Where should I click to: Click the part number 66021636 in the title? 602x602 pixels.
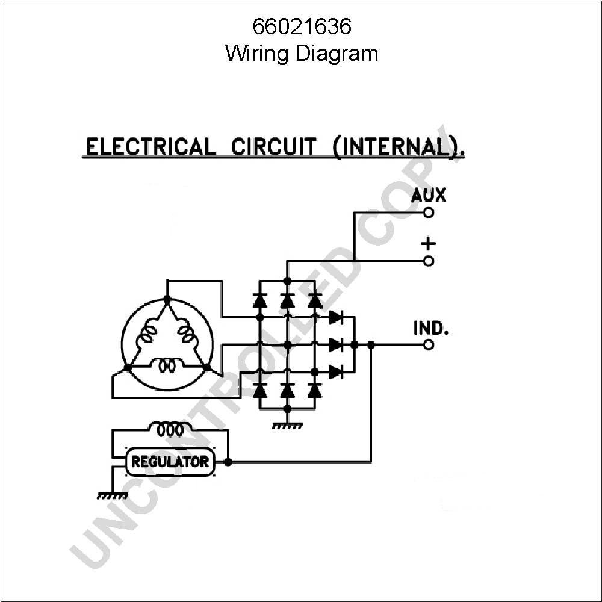tap(302, 27)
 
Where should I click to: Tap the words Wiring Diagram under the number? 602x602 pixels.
tap(302, 54)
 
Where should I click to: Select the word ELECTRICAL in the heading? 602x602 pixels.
tap(150, 147)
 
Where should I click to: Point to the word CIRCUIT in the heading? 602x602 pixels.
tap(274, 147)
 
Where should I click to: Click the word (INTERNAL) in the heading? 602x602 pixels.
tap(397, 147)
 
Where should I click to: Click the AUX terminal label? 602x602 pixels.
tap(429, 195)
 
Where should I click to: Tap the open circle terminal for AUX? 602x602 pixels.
tap(429, 212)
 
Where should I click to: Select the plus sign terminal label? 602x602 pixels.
tap(429, 244)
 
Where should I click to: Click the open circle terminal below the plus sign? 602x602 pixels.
tap(429, 261)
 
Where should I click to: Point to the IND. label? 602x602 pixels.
tap(431, 329)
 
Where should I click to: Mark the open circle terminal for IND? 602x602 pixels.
tap(429, 345)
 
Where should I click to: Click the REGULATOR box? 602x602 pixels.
tap(170, 462)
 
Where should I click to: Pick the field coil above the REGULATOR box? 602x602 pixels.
tap(170, 430)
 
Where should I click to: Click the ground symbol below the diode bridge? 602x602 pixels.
tap(287, 426)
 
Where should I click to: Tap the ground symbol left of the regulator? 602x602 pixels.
tap(113, 495)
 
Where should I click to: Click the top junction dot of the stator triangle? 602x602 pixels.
tap(167, 299)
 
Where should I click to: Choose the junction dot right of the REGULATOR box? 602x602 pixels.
tap(228, 462)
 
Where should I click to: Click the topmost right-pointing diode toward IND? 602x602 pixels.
tap(335, 317)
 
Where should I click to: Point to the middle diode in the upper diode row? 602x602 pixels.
tap(287, 300)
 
